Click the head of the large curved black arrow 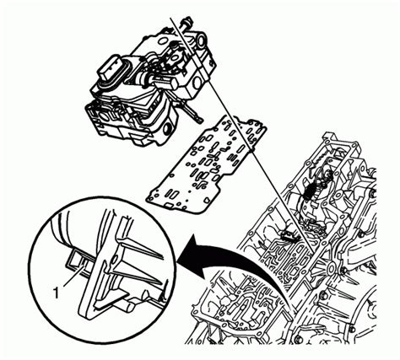(187, 247)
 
